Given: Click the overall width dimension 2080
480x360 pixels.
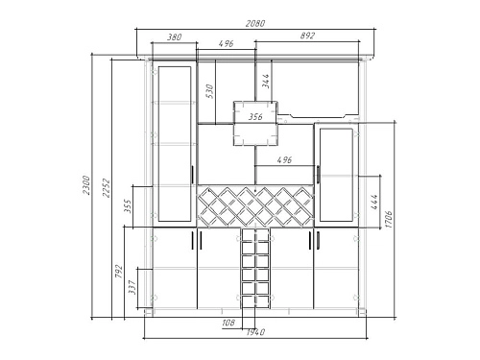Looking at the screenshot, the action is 255,24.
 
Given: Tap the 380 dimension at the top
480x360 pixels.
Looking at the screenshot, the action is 175,37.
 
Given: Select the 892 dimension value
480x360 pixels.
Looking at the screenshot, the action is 307,36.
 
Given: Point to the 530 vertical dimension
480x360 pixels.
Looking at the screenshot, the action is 209,91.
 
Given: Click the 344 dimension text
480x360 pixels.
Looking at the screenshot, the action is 266,81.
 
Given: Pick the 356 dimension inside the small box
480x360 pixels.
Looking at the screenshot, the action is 255,117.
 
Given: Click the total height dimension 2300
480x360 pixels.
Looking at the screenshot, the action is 86,184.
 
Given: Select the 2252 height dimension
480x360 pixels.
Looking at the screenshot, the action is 107,188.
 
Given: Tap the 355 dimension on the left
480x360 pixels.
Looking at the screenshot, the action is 128,206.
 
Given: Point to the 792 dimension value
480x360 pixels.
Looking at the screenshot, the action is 119,271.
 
